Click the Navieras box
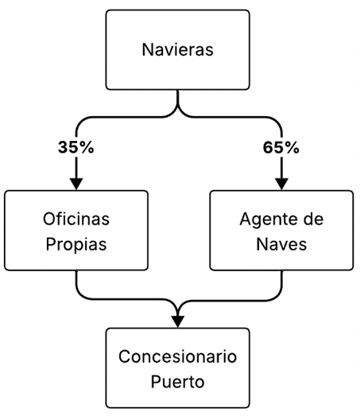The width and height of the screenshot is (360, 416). [x=177, y=49]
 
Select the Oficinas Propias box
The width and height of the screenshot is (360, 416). [x=76, y=231]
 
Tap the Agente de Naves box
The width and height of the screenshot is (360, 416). [x=281, y=231]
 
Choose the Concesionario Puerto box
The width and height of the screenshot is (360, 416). [x=177, y=368]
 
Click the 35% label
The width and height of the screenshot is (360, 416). [x=75, y=147]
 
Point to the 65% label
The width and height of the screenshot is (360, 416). [x=281, y=147]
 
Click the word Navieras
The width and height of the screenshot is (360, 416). [x=177, y=49]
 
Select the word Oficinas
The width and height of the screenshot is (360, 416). [x=76, y=220]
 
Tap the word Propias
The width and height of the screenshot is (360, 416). [x=76, y=244]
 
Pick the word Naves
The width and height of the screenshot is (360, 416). [x=281, y=244]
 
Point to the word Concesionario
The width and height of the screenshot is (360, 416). [x=177, y=356]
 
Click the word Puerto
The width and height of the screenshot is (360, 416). [x=177, y=382]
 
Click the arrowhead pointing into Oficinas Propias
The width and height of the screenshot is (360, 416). [x=76, y=184]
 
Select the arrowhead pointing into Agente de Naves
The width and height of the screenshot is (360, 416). [x=281, y=184]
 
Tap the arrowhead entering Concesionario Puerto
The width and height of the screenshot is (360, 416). [x=177, y=322]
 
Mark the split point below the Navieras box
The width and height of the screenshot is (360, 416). [x=177, y=109]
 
